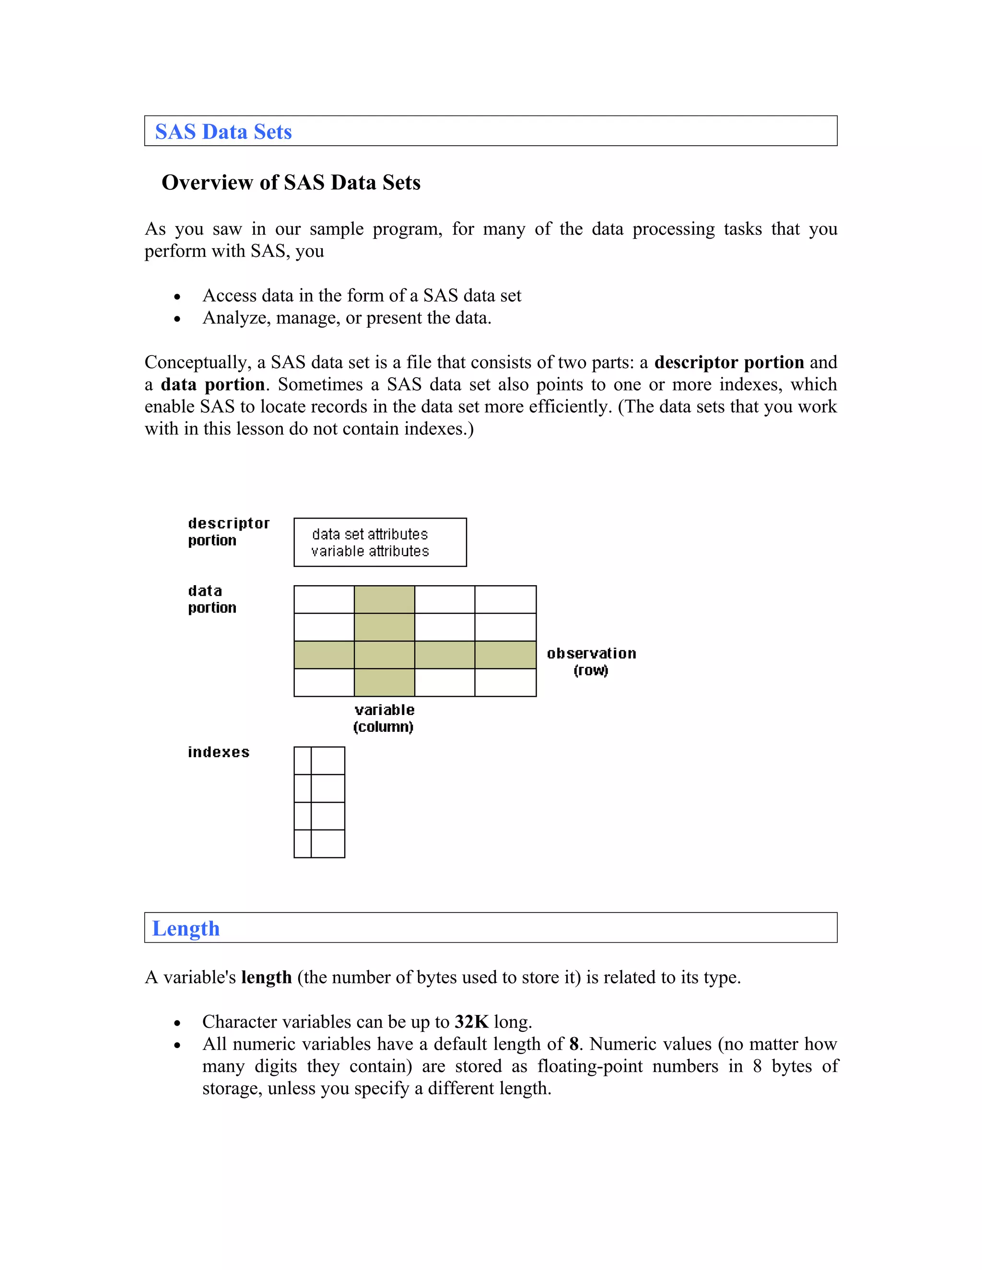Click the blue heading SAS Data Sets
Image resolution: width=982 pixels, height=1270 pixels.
click(x=223, y=132)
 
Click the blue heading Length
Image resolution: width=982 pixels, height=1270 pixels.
click(x=186, y=929)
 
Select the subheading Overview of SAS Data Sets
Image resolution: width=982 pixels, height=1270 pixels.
click(x=291, y=183)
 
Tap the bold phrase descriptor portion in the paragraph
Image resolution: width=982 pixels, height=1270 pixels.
click(x=729, y=362)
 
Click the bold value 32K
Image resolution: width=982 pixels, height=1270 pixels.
click(x=471, y=1022)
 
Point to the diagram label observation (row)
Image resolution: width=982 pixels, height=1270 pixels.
click(x=591, y=662)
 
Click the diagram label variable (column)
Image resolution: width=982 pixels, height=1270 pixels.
click(x=384, y=718)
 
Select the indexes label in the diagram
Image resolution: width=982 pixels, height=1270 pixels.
click(x=219, y=752)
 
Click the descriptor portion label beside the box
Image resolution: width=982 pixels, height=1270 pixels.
click(x=228, y=531)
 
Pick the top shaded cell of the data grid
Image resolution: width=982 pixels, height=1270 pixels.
click(x=384, y=600)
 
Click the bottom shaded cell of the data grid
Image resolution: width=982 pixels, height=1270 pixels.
click(x=384, y=682)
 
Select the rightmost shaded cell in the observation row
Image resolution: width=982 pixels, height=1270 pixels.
click(x=505, y=655)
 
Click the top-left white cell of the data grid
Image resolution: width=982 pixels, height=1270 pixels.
click(x=324, y=600)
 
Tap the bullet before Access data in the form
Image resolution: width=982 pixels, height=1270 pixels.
click(x=177, y=297)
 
